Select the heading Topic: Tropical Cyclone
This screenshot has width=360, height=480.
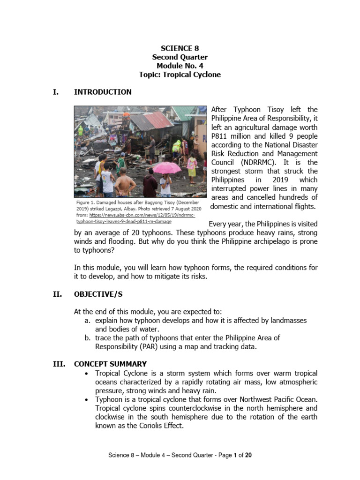coord(180,75)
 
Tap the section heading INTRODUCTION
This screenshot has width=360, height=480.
coord(103,92)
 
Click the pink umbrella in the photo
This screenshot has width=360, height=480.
coord(167,168)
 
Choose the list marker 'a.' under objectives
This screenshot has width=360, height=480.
coord(87,320)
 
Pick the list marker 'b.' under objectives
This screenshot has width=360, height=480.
coord(87,337)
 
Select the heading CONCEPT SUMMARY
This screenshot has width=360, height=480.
coord(110,364)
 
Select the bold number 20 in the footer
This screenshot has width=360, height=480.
coord(248,455)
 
